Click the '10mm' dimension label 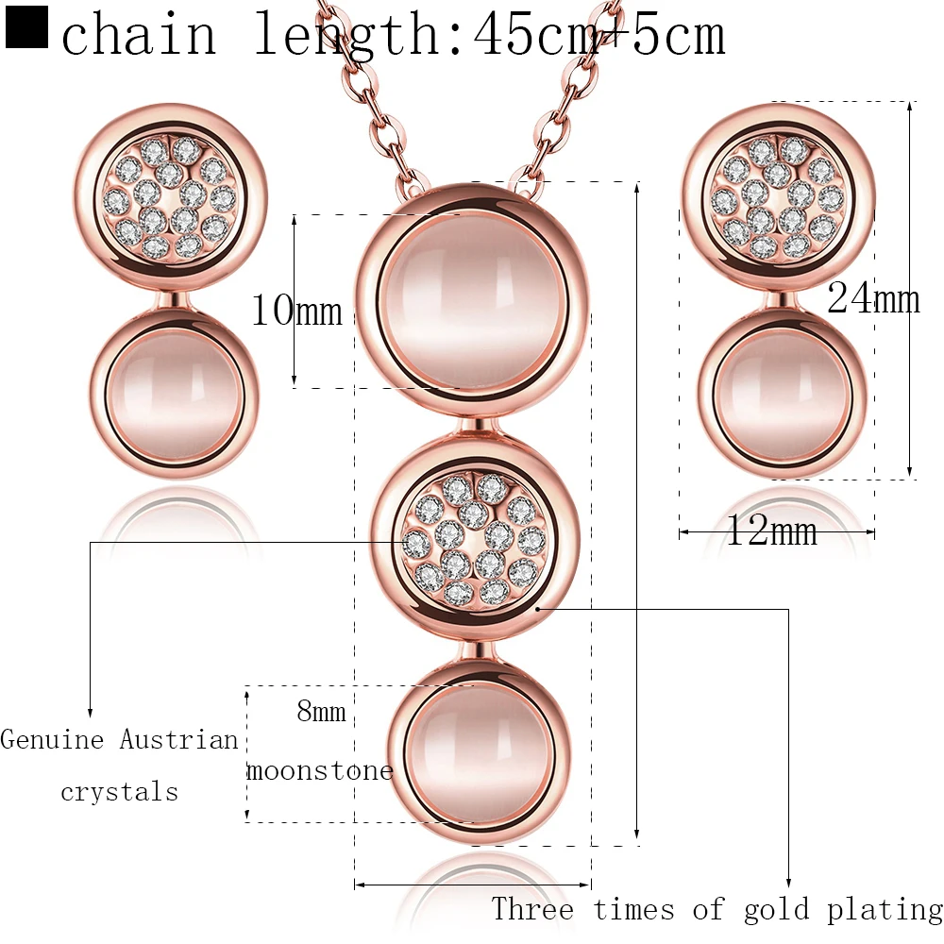[295, 309]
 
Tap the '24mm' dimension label [873, 299]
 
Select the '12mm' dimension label [771, 532]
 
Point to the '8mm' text [321, 711]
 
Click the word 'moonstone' [320, 770]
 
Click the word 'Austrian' [179, 739]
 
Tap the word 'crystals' [119, 791]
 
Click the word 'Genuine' [52, 739]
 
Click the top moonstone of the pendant [472, 299]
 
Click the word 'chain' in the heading [139, 36]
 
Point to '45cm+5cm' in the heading [599, 36]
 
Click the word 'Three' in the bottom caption [532, 910]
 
